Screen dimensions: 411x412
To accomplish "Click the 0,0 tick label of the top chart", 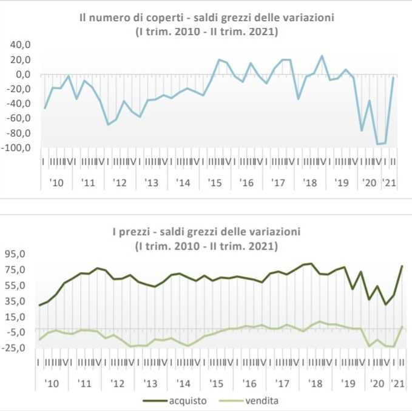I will click(22, 75).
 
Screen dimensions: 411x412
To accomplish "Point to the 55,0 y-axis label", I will click(16, 286).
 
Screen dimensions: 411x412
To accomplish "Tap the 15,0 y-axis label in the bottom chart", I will click(16, 316).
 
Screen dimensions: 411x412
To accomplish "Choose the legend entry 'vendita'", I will click(262, 401).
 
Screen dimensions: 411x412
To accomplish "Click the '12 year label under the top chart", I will click(120, 182).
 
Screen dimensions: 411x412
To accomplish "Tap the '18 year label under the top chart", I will click(311, 182).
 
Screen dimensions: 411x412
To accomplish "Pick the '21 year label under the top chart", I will click(388, 182).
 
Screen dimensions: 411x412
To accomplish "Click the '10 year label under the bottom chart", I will click(53, 384).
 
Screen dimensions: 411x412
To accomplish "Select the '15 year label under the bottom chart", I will click(217, 384).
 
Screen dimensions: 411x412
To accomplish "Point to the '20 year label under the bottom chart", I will click(377, 384).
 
